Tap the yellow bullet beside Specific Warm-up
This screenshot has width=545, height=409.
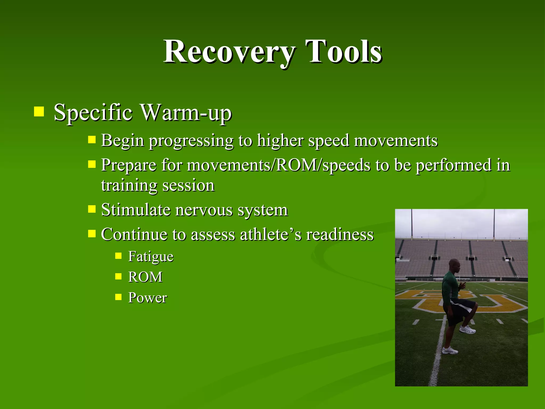point(39,112)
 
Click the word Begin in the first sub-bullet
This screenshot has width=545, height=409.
point(122,141)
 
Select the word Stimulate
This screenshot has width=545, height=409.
point(136,210)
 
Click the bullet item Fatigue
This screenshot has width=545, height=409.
point(151,257)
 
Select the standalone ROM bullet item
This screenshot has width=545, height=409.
point(145,277)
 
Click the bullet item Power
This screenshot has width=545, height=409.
point(147,298)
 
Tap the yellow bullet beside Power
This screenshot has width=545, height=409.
point(118,297)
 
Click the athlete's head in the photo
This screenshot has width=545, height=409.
point(454,266)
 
